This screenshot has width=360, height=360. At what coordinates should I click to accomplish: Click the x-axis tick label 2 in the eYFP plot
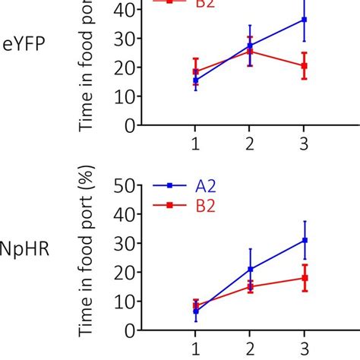[x=250, y=142]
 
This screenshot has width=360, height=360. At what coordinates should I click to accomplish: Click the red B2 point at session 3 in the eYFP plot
[x=304, y=66]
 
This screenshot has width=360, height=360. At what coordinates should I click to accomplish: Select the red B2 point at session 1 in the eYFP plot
[x=195, y=71]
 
